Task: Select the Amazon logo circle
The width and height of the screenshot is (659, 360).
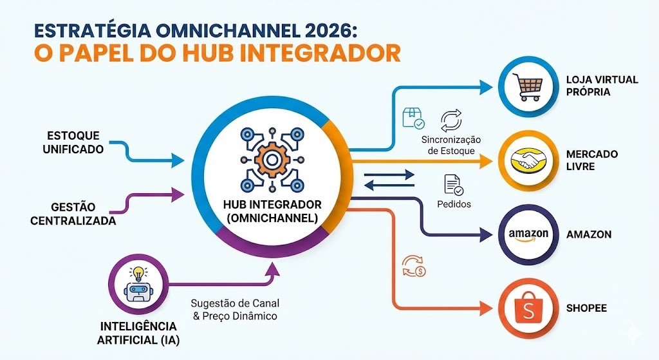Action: coord(528,234)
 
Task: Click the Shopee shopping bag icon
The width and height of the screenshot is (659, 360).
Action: coord(528,307)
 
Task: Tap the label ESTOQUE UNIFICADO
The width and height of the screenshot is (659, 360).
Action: coord(74,142)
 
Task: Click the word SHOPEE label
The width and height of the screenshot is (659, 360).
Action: coord(586,308)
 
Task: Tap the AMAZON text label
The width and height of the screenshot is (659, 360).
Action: coord(589,234)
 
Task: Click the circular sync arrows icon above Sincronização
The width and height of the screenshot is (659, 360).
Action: coord(451,121)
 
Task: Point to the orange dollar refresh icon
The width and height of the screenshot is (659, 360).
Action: coord(413,266)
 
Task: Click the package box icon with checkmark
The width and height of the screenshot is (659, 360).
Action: coord(413,118)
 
